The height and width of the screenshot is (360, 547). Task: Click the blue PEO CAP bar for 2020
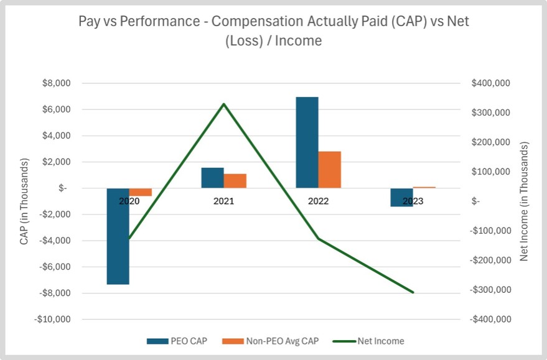(118, 236)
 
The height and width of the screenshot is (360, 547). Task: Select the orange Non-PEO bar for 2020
(141, 192)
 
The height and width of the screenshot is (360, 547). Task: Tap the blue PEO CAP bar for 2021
(212, 178)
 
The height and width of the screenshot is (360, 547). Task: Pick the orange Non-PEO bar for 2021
(235, 181)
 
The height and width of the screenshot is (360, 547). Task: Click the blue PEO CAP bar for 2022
(307, 142)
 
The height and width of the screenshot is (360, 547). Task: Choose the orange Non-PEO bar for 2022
(330, 169)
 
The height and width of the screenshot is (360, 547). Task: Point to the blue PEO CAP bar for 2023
(401, 197)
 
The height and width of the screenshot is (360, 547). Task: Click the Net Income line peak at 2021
(224, 104)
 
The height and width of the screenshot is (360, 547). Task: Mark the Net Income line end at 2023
(413, 292)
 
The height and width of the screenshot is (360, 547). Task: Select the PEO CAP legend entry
(177, 341)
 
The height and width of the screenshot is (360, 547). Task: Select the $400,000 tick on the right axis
(492, 83)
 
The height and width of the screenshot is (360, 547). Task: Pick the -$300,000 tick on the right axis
(492, 290)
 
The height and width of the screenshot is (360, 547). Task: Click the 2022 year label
(318, 201)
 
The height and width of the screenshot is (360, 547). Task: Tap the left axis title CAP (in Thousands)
(25, 201)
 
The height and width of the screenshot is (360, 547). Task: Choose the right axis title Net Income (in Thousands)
(524, 201)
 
